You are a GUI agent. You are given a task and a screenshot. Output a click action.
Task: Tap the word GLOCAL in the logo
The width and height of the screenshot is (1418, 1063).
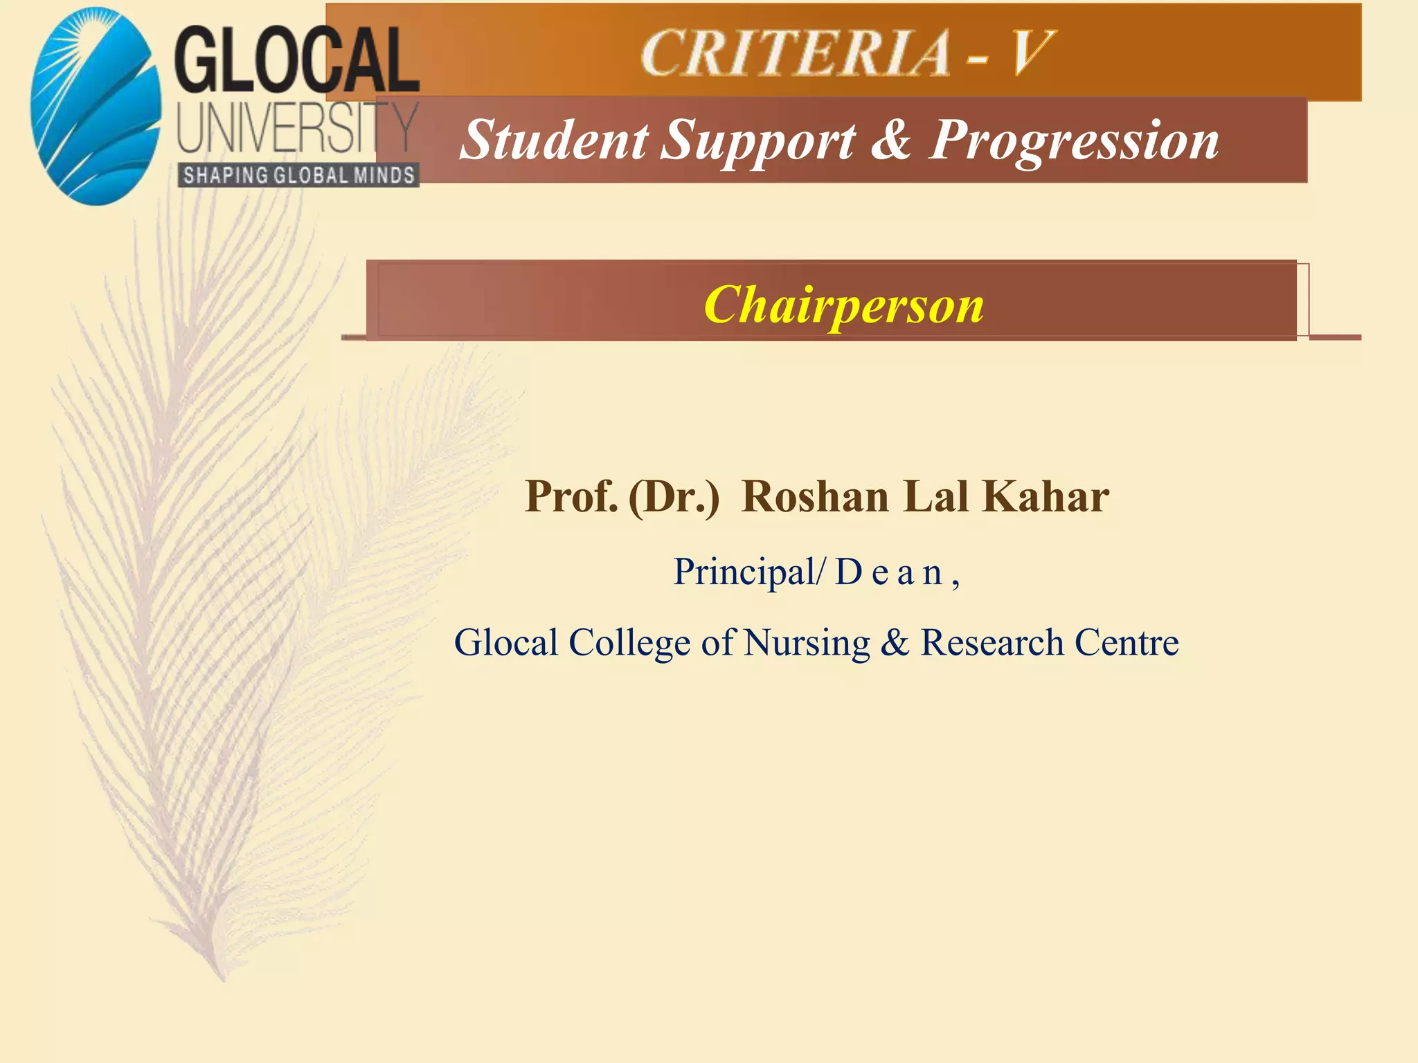[296, 61]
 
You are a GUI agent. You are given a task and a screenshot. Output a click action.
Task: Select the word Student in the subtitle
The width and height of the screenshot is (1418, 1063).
[554, 140]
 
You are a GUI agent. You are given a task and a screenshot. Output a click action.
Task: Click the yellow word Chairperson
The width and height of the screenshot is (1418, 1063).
[843, 305]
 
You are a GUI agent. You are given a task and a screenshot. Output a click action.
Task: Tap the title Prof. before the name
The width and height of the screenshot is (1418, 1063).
[571, 497]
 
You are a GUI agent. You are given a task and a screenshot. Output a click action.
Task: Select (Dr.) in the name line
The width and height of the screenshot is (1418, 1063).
[674, 498]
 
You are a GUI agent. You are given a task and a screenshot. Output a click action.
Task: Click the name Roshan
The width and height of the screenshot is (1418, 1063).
[815, 497]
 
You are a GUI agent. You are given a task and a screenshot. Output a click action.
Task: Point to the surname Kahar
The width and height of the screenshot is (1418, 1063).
[1045, 497]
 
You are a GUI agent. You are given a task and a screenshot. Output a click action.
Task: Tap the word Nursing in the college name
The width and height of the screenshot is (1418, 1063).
[807, 644]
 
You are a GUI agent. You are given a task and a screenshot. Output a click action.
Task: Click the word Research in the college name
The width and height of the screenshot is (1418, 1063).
[991, 642]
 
